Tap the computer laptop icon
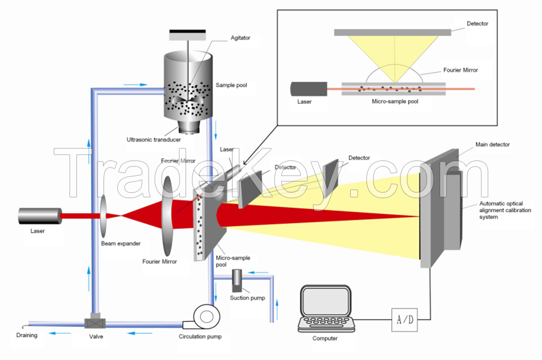(325, 310)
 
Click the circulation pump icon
(205, 316)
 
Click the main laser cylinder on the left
(39, 216)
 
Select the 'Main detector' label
(492, 144)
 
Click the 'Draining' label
(27, 335)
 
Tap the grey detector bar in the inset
(391, 33)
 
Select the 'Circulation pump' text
(200, 336)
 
